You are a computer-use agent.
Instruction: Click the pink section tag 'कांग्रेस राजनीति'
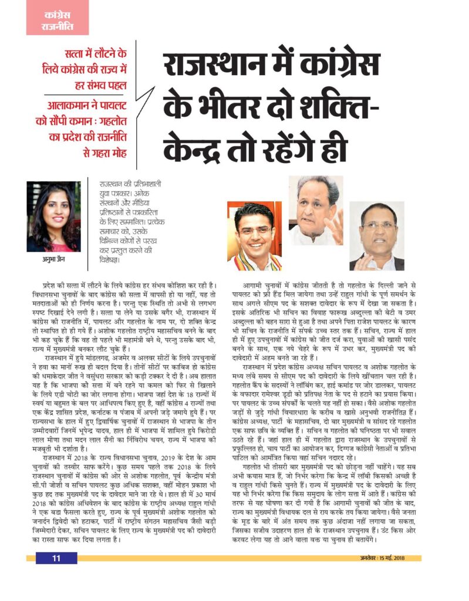pyautogui.click(x=56, y=19)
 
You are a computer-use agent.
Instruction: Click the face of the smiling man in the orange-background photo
pyautogui.click(x=254, y=231)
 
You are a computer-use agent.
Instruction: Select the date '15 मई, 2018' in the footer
pyautogui.click(x=406, y=558)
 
